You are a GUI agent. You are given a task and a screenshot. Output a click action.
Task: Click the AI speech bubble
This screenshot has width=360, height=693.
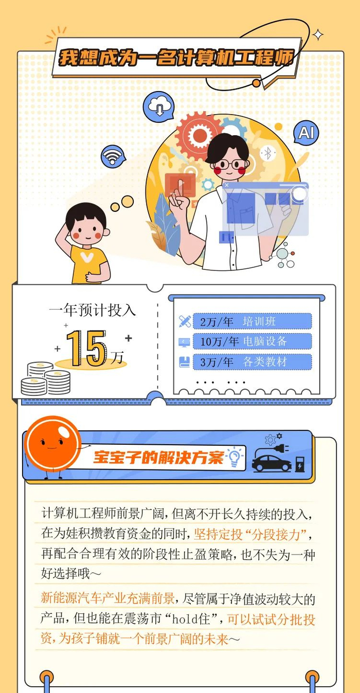pyautogui.click(x=306, y=133)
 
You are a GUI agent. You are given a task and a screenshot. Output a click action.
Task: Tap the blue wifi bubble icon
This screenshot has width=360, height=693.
pyautogui.click(x=113, y=157)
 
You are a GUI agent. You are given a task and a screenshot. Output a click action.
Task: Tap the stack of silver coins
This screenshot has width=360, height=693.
pyautogui.click(x=45, y=378)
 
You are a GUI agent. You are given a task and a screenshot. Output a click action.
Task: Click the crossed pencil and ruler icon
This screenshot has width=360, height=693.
pyautogui.click(x=185, y=321)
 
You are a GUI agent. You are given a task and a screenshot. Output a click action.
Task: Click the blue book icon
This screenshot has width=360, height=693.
pyautogui.click(x=185, y=362)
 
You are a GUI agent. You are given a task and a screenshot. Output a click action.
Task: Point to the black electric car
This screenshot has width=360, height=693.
pyautogui.click(x=272, y=463)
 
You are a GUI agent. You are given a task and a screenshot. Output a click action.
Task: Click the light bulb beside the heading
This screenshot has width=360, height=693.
pyautogui.click(x=235, y=457)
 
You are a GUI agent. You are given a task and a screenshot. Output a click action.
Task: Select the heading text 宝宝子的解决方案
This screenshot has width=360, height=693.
pyautogui.click(x=159, y=457)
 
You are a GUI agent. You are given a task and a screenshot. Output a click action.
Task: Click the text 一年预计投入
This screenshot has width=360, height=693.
pyautogui.click(x=93, y=310)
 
